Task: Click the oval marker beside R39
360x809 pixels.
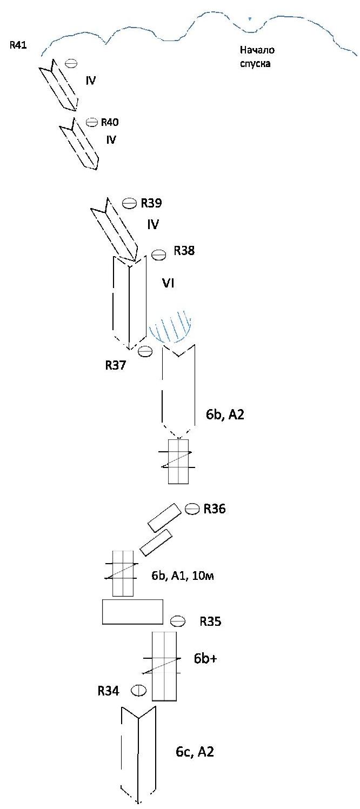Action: point(129,203)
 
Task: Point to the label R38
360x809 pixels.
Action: point(184,251)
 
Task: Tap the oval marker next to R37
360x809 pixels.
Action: point(145,351)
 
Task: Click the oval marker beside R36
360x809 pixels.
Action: point(192,509)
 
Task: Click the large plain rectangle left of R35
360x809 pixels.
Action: point(132,612)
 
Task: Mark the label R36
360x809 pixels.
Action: point(214,509)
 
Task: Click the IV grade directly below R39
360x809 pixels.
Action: point(153,224)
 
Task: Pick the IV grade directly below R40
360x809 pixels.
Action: point(111,140)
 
